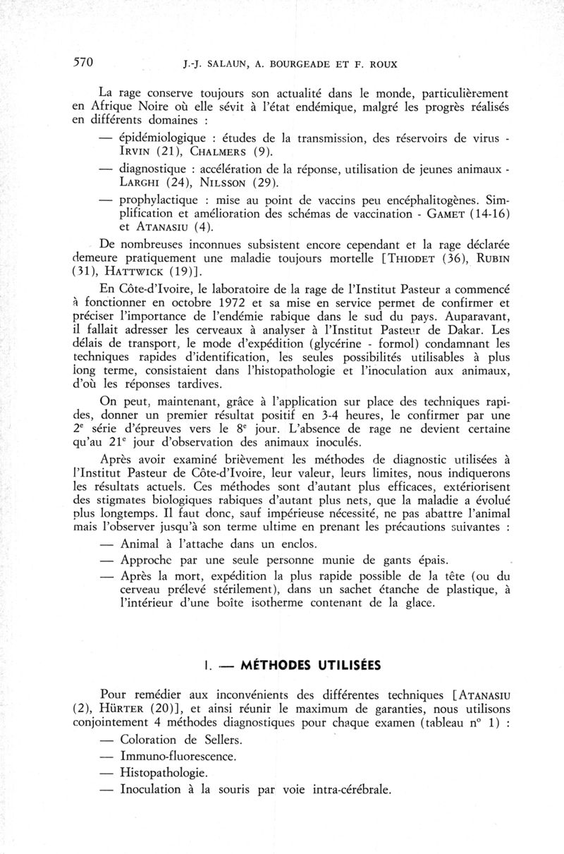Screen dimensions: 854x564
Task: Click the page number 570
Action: pos(84,62)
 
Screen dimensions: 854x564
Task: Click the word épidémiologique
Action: pos(163,138)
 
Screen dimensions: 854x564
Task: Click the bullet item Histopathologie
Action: pos(164,774)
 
